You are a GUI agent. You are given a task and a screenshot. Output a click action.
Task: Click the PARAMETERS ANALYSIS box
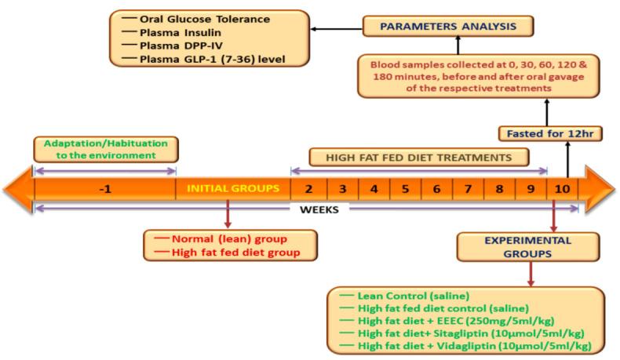pos(448,27)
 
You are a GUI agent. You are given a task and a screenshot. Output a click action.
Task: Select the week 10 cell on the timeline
pos(561,189)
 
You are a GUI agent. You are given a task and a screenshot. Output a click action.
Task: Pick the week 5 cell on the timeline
pos(405,189)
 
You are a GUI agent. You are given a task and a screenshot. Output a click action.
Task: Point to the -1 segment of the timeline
pos(104,189)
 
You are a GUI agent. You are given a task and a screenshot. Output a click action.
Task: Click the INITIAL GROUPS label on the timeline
pos(232,189)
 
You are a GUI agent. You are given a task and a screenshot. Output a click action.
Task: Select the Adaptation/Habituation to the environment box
pos(105,149)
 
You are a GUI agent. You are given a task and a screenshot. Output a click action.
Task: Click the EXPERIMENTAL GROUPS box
pos(525,246)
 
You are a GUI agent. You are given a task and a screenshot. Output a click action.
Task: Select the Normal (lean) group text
pos(221,238)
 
